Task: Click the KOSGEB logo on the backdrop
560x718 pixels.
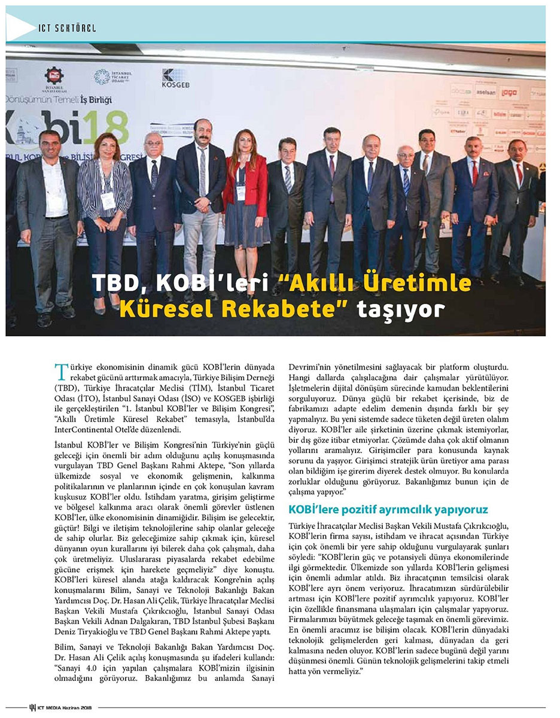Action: tap(174, 78)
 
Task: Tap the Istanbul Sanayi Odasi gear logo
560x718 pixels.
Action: tap(54, 75)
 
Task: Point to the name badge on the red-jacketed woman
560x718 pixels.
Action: tap(241, 193)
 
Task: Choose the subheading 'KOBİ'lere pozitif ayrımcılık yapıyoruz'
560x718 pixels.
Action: tap(389, 510)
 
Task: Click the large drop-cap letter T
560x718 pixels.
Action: tap(60, 372)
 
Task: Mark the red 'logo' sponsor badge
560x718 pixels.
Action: tap(509, 93)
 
